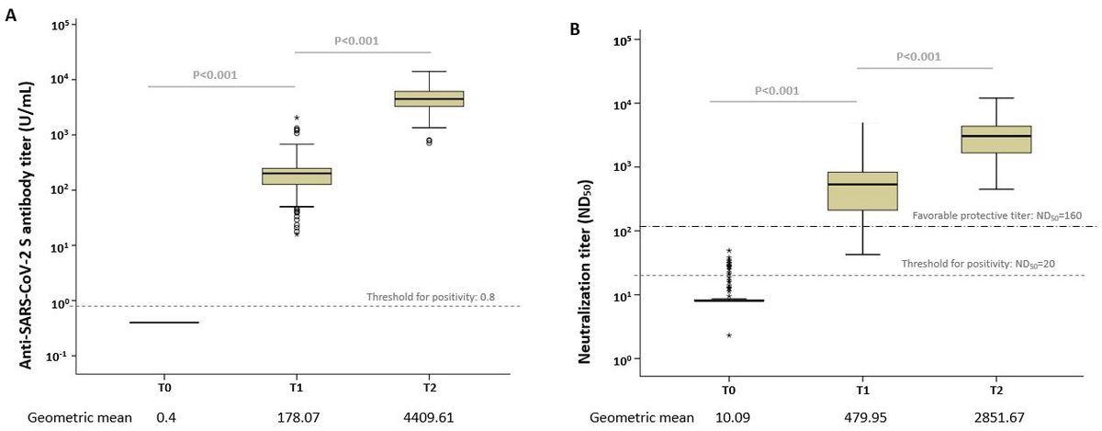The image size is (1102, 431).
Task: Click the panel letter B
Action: tap(575, 28)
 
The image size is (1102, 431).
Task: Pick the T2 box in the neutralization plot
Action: tap(995, 139)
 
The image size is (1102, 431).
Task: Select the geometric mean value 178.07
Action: tap(297, 417)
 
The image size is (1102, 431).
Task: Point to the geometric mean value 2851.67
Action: tap(995, 417)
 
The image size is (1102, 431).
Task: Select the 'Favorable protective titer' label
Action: tap(997, 215)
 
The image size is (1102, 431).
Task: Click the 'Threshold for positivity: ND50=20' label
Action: tap(997, 264)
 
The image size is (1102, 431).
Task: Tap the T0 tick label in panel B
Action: tap(728, 389)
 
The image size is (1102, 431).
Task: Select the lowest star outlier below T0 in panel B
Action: tap(729, 335)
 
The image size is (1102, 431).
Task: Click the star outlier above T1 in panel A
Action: tap(297, 118)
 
